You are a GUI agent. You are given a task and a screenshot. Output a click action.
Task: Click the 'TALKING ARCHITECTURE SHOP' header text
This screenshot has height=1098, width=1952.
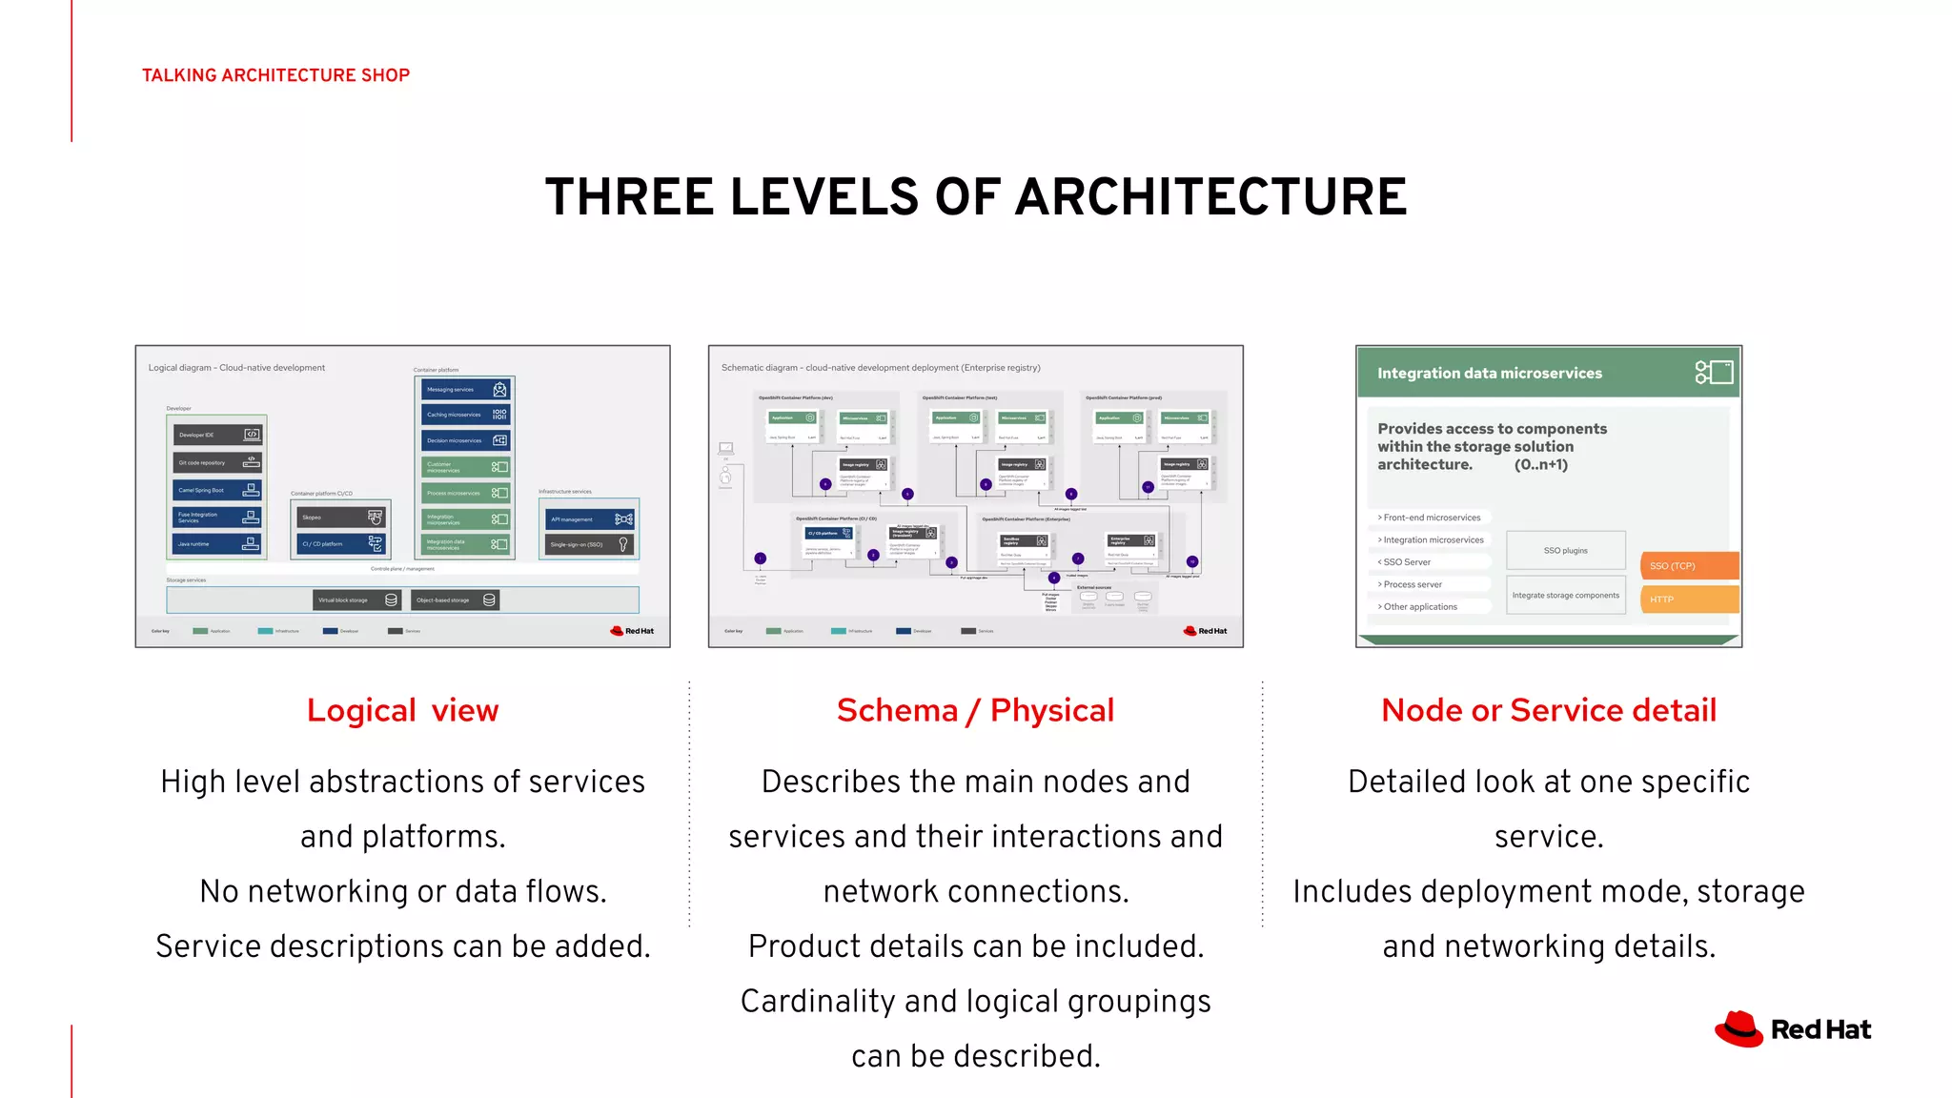click(275, 75)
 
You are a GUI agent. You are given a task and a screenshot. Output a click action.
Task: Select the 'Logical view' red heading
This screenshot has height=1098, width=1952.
click(402, 710)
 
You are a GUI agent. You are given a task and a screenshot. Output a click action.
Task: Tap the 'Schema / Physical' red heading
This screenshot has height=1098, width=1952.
click(975, 710)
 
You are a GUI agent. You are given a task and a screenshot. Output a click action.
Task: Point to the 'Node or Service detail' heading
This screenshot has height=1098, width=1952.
click(1549, 710)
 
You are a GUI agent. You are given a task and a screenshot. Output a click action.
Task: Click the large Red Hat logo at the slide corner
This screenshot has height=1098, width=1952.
click(1793, 1029)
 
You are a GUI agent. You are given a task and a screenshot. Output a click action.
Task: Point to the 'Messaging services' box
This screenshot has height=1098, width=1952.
click(466, 389)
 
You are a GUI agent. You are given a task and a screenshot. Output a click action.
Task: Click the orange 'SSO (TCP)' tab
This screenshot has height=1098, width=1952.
click(1689, 565)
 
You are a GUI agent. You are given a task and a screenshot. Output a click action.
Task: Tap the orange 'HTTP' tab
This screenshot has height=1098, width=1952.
click(1689, 600)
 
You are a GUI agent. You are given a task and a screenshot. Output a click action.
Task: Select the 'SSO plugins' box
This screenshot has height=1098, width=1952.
click(1565, 550)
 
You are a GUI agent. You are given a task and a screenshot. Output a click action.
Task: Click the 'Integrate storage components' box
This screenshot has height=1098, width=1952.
click(1565, 595)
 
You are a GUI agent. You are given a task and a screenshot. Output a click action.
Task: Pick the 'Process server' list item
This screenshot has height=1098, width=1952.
click(1413, 584)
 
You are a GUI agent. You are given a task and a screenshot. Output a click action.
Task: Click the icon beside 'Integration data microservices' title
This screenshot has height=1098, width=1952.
click(1714, 372)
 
